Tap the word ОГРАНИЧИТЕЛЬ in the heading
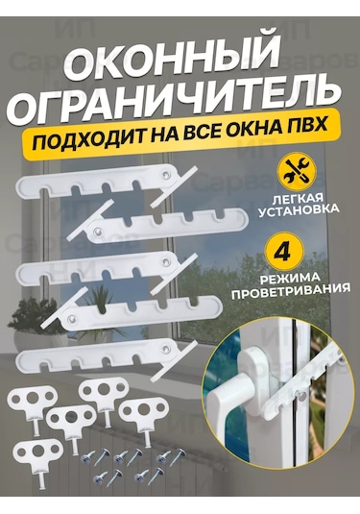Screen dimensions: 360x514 click(x=177, y=97)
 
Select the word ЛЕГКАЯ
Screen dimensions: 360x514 click(x=297, y=199)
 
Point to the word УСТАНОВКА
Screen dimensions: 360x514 click(x=299, y=209)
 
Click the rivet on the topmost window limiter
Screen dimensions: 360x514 click(x=166, y=173)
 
